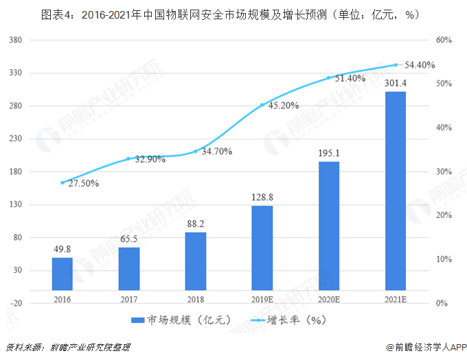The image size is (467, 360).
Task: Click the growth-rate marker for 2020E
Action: coord(329,78)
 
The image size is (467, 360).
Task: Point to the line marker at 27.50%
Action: coord(62,183)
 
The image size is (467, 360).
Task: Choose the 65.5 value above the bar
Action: coord(129,240)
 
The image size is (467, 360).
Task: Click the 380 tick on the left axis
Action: coord(16,40)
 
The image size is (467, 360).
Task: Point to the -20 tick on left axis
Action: coord(16,303)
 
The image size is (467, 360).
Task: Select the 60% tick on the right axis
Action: coord(444,40)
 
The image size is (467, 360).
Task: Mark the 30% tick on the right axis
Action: coord(444,172)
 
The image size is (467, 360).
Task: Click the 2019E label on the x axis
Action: coord(262,300)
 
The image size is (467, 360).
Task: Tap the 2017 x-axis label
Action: coord(129,300)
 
